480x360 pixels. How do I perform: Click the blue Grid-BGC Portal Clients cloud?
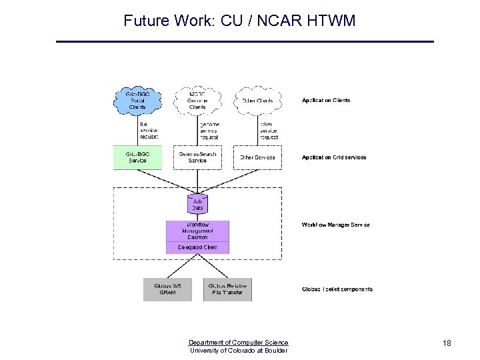click(137, 101)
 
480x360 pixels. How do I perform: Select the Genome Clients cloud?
click(197, 101)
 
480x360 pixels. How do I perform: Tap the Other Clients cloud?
click(257, 101)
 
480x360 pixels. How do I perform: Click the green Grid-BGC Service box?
click(137, 157)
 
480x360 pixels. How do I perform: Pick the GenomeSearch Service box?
click(197, 157)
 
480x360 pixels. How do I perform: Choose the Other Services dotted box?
click(257, 157)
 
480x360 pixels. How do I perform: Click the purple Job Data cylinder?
click(197, 203)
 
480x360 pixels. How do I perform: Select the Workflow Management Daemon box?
click(197, 231)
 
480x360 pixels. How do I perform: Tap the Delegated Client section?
click(197, 247)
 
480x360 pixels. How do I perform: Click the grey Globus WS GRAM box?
click(168, 289)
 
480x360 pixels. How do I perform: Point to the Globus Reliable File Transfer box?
click(228, 289)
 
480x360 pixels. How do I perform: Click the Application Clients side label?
click(326, 101)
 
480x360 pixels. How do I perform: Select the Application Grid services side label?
click(334, 157)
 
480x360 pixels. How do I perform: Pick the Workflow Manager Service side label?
click(335, 225)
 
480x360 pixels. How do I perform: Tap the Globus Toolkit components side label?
click(337, 289)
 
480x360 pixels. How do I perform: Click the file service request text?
click(149, 130)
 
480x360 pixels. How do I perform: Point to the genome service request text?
click(209, 131)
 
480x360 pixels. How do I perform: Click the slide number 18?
click(447, 343)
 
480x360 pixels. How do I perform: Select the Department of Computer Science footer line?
click(239, 343)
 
